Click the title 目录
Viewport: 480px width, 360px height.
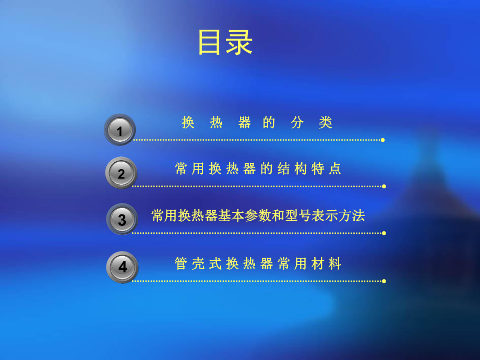coord(225,42)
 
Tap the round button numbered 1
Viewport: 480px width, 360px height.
coord(120,130)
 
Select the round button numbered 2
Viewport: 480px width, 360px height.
coord(121,173)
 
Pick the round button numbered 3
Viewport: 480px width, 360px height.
coord(122,219)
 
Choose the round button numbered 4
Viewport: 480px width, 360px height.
coord(122,267)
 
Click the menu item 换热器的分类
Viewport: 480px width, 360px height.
coord(257,123)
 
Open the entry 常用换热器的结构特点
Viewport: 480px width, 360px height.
coord(258,169)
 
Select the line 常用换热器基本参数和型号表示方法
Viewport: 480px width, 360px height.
coord(258,215)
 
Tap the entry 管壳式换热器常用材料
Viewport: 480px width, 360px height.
coord(258,264)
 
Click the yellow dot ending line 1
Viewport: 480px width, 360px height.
coord(383,140)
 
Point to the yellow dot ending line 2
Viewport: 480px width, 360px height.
coord(384,186)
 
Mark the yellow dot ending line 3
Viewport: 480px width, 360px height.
coord(384,233)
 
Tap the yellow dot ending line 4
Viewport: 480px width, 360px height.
coord(384,281)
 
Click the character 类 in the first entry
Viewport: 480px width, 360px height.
coord(326,123)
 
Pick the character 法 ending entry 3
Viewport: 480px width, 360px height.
coord(358,215)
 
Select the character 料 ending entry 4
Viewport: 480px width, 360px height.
coord(335,264)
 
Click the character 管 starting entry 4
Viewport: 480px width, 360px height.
coord(181,264)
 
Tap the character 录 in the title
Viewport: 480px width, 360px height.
coord(239,42)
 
